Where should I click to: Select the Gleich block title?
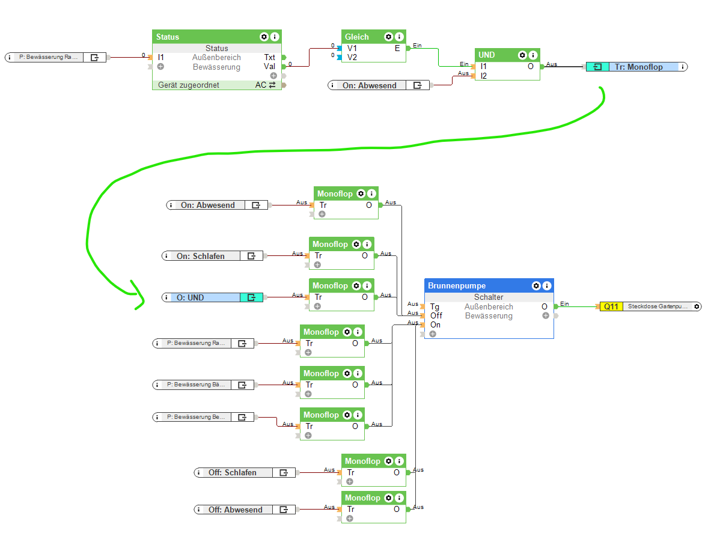click(x=357, y=37)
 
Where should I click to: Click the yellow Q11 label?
click(x=611, y=306)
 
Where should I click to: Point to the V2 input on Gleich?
click(x=352, y=57)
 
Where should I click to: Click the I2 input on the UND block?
click(x=483, y=76)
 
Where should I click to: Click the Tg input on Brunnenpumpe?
click(x=434, y=306)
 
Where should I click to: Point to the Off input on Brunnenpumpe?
click(x=436, y=315)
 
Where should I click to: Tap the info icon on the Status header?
click(x=275, y=37)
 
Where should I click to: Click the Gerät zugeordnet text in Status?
click(x=189, y=85)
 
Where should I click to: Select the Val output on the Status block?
click(x=269, y=67)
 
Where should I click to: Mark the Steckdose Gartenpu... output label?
click(x=659, y=306)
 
